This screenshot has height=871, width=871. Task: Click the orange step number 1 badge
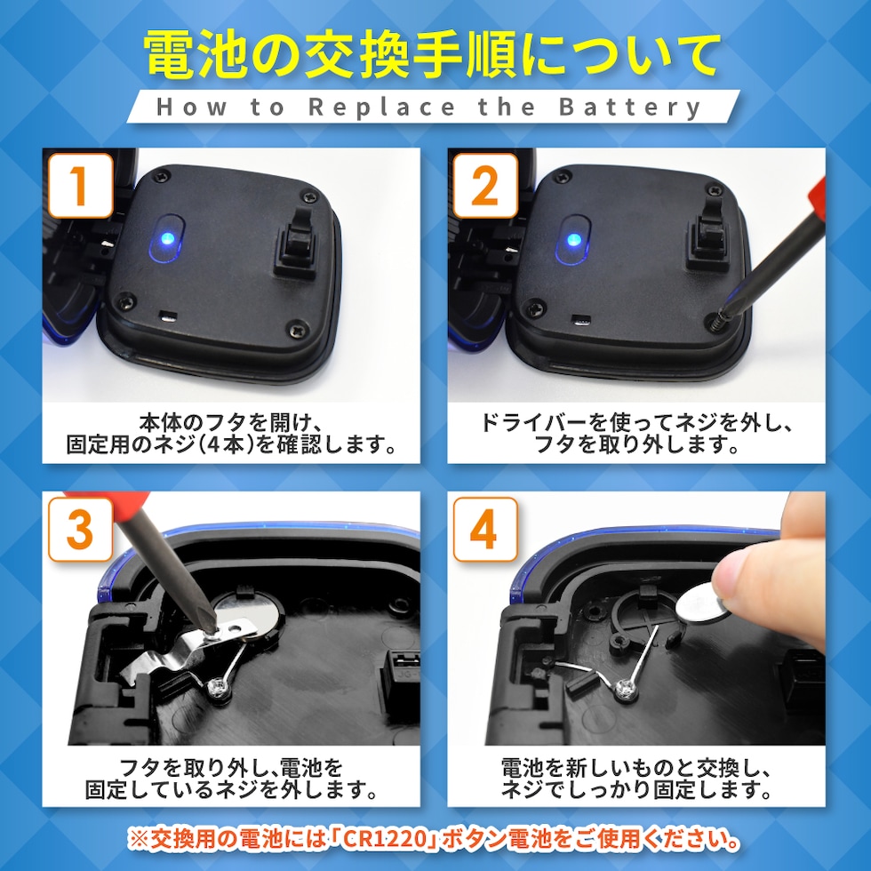pyautogui.click(x=81, y=186)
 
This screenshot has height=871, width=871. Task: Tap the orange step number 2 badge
pyautogui.click(x=485, y=186)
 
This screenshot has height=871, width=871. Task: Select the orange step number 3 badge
pyautogui.click(x=81, y=530)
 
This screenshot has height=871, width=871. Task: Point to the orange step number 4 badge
pyautogui.click(x=485, y=530)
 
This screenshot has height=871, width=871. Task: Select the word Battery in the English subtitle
pyautogui.click(x=630, y=108)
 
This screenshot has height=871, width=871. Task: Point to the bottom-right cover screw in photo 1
pyautogui.click(x=298, y=329)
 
